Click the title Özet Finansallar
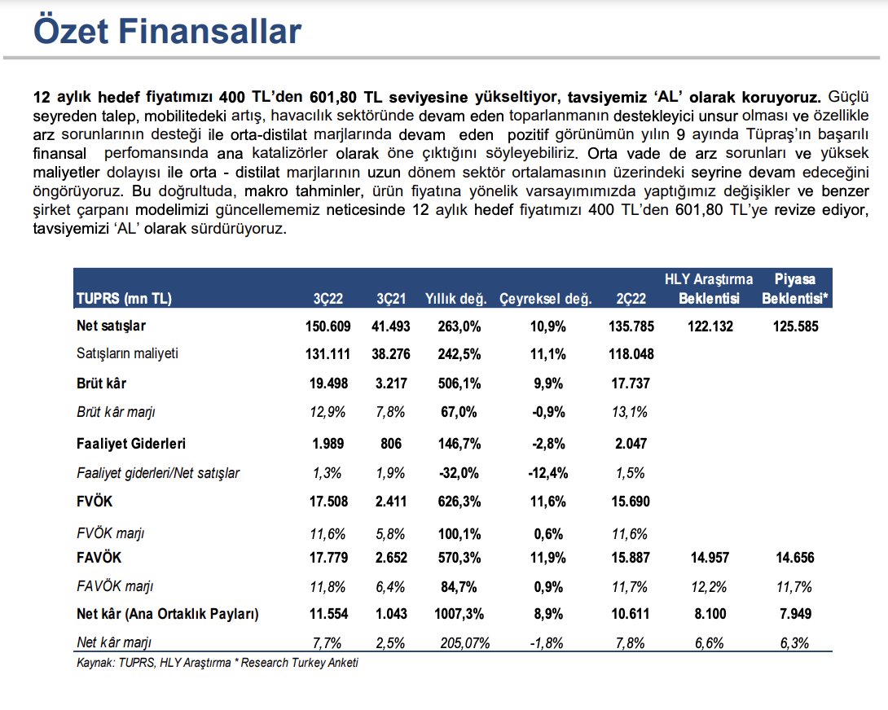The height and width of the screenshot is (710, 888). [x=167, y=31]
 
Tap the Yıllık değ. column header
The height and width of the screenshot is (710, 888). [x=456, y=299]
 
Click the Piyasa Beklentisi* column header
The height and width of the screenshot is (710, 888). [x=794, y=289]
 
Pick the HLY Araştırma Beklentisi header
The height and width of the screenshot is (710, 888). [x=709, y=289]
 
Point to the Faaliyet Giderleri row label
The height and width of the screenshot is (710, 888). [x=131, y=444]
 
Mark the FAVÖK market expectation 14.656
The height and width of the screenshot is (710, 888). [x=794, y=558]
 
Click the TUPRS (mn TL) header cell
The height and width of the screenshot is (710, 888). [x=125, y=299]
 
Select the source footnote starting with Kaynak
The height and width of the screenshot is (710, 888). [x=217, y=662]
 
